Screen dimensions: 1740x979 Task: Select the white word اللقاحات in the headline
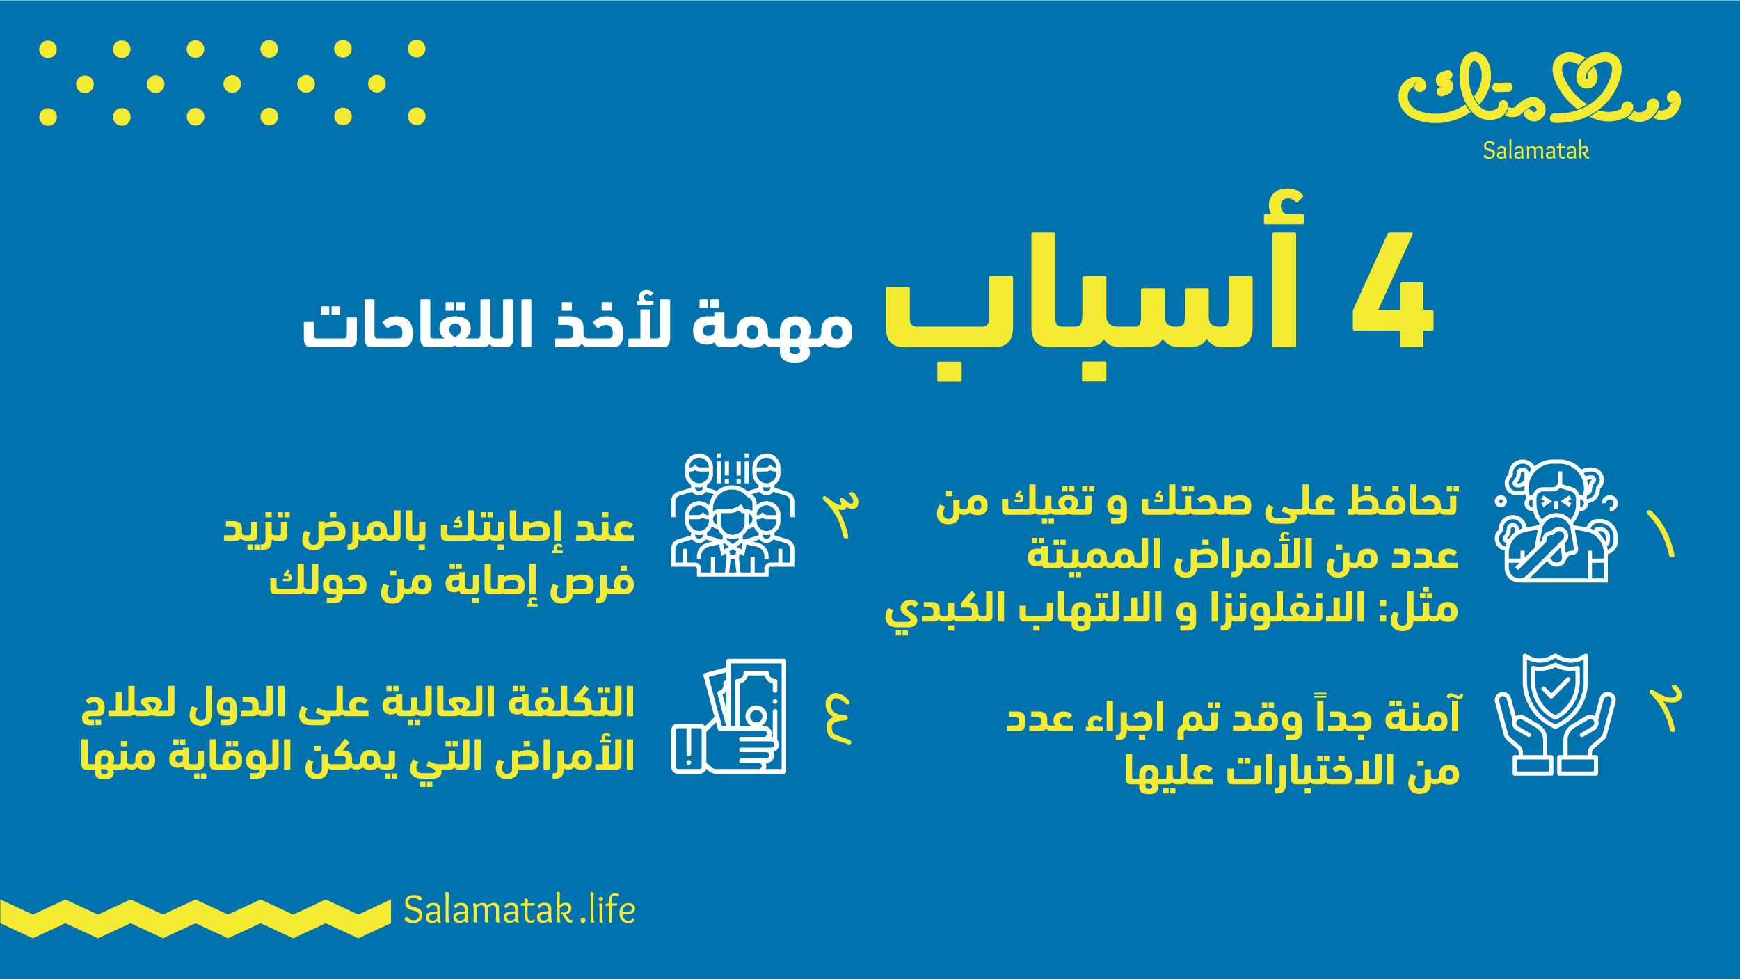417,324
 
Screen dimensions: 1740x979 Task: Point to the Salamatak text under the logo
1535,150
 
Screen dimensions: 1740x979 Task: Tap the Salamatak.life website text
519,909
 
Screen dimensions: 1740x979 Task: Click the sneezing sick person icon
1556,520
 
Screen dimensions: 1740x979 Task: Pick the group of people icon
733,515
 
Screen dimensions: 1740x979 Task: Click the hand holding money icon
728,716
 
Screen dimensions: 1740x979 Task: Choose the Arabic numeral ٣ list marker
841,515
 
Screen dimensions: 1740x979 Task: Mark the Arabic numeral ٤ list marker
838,719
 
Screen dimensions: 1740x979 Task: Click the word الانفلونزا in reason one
1287,608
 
